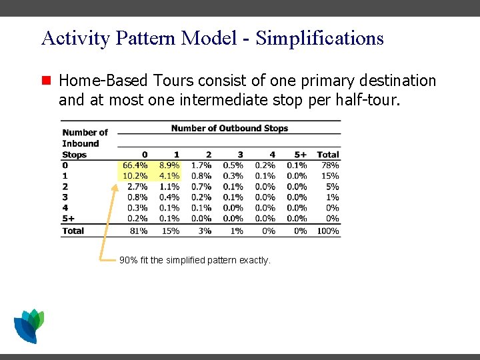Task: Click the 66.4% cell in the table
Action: (x=135, y=165)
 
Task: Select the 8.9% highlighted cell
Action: (x=169, y=165)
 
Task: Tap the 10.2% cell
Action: (x=135, y=176)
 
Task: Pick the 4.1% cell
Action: (x=169, y=176)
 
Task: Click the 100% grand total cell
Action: (x=328, y=231)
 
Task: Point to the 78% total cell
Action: (x=330, y=165)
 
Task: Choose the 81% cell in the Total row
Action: (x=139, y=231)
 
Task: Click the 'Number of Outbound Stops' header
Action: (x=229, y=128)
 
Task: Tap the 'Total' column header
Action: (x=328, y=155)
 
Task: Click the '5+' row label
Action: (x=68, y=219)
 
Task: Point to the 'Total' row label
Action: (x=73, y=231)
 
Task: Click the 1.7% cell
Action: (x=201, y=165)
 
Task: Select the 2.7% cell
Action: (x=137, y=187)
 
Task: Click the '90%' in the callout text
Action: (x=128, y=260)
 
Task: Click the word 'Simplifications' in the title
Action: (x=319, y=38)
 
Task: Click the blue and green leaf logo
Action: (x=29, y=325)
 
